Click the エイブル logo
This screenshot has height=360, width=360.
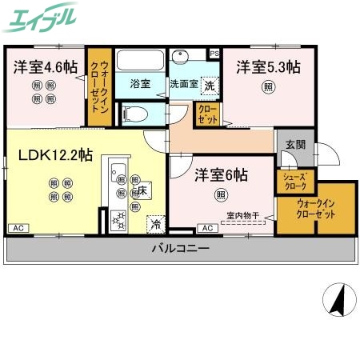click(41, 17)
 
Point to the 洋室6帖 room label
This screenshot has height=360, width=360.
click(219, 174)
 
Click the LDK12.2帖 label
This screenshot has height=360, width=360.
click(55, 154)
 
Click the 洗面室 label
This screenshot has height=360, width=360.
click(183, 83)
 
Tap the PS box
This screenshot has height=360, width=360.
click(214, 54)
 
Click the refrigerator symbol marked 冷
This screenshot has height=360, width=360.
click(154, 224)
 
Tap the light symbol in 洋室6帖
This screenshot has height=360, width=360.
click(219, 194)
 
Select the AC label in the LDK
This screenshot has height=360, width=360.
click(17, 229)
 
